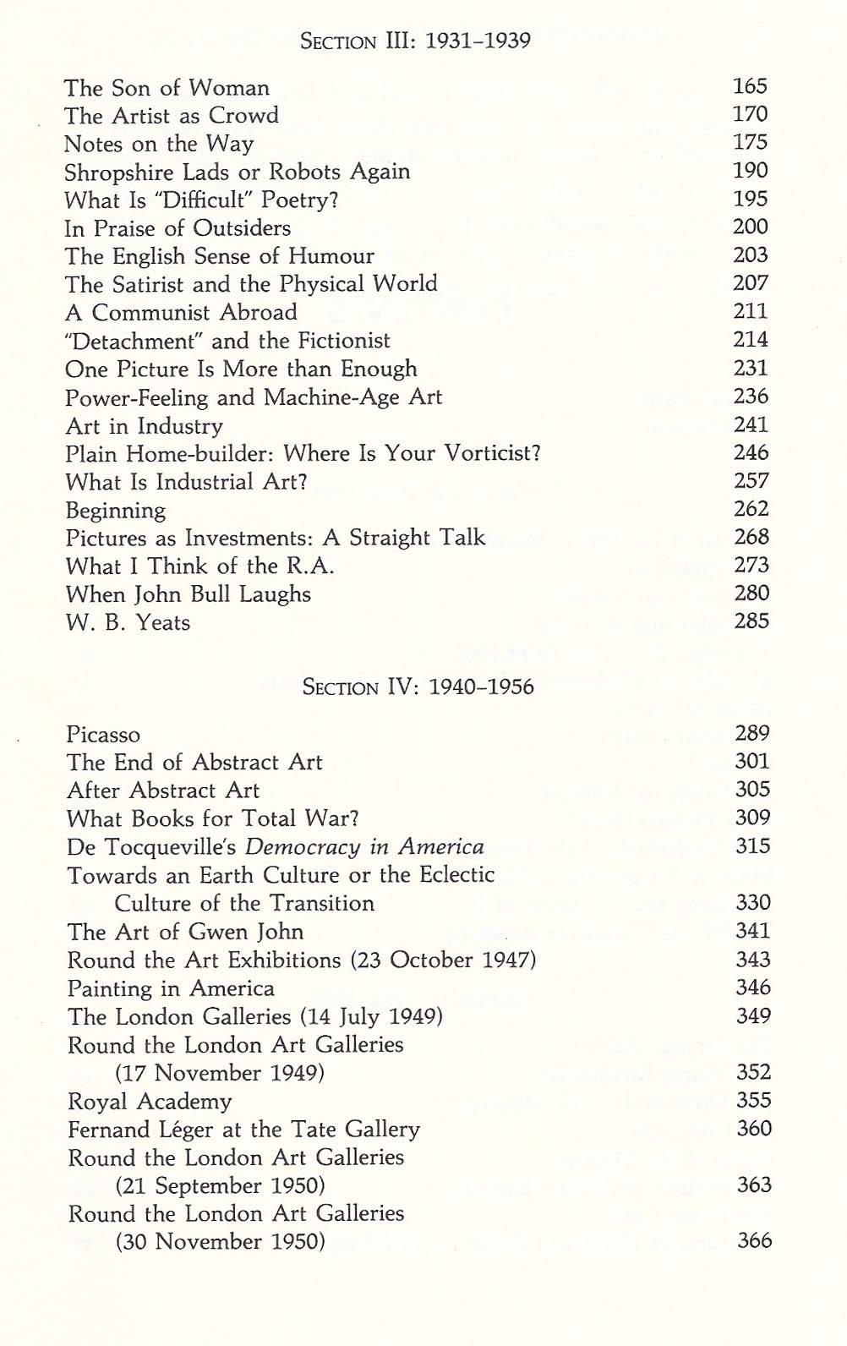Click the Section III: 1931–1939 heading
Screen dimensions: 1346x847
[x=416, y=41]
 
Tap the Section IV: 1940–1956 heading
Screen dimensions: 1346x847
[x=418, y=686]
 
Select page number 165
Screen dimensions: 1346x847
[x=750, y=86]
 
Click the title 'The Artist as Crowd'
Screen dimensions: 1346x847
[x=171, y=116]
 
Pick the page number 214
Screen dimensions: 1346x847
[x=751, y=340]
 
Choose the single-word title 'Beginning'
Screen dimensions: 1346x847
[x=116, y=511]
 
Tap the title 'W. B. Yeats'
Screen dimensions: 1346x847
[x=128, y=623]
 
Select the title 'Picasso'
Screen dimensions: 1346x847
[x=103, y=735]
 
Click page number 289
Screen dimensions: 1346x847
[x=752, y=733]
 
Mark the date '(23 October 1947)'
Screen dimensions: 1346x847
[x=442, y=960]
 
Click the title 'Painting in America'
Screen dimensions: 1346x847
[x=171, y=988]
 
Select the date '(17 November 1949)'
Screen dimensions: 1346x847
[x=220, y=1073]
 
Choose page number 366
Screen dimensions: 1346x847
[x=754, y=1240]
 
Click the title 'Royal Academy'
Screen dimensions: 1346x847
[x=150, y=1102]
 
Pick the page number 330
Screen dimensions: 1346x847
[x=752, y=903]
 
